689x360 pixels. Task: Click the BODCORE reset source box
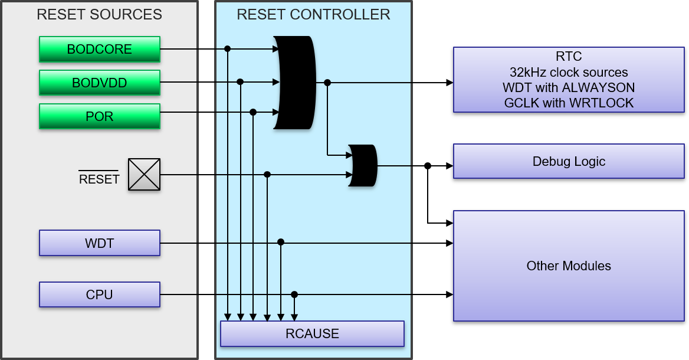tap(99, 49)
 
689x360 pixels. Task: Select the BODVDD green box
tap(99, 83)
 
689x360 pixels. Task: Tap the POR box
tap(99, 116)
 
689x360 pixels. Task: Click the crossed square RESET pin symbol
tap(145, 174)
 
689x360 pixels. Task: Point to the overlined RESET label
tap(99, 179)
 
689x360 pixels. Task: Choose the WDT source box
tap(99, 243)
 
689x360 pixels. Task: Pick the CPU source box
tap(99, 294)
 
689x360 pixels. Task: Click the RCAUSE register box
tap(312, 333)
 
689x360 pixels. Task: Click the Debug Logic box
tap(569, 161)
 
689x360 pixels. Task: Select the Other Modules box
tap(569, 266)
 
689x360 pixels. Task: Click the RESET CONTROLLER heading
tap(313, 14)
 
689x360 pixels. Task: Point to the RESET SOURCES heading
tap(99, 14)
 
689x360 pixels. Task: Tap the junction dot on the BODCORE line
tap(227, 49)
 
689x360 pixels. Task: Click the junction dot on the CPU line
tap(294, 294)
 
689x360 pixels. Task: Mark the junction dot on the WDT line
tap(281, 242)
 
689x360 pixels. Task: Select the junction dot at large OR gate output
tap(327, 83)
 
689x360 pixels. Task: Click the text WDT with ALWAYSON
tap(569, 87)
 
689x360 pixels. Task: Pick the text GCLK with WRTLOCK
tap(569, 103)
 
